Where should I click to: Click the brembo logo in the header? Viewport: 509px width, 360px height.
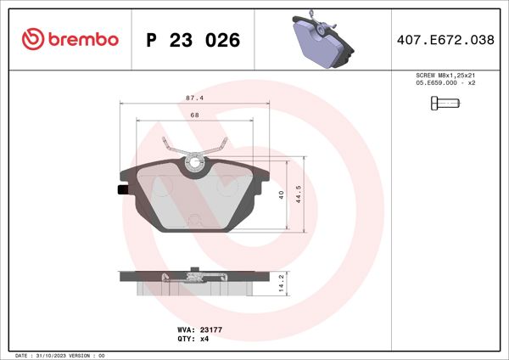70,39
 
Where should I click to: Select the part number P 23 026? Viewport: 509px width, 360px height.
193,40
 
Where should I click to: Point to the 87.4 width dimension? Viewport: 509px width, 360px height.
194,98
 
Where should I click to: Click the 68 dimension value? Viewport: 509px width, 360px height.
194,115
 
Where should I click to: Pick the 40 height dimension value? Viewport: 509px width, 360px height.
282,194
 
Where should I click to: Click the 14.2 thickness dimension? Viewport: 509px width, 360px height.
282,283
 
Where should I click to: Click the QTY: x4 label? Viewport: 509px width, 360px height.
193,338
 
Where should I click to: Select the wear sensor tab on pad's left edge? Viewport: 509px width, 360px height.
122,190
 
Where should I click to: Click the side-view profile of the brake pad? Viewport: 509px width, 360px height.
194,279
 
